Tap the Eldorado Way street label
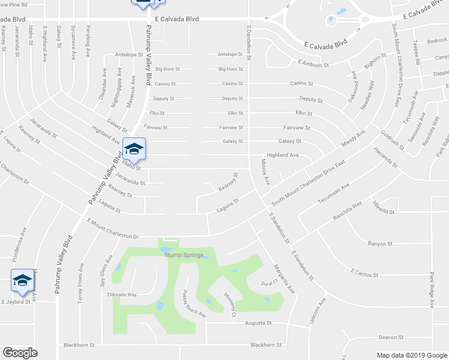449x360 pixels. [x=122, y=295]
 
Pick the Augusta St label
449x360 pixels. [x=259, y=323]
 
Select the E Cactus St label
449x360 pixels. [x=364, y=274]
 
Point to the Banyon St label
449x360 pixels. [x=379, y=244]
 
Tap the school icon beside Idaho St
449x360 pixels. [x=134, y=149]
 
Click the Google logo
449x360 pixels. [x=20, y=353]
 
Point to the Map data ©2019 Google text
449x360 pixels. [x=411, y=355]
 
